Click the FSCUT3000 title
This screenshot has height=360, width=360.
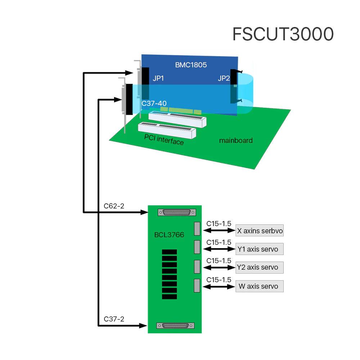coord(283,34)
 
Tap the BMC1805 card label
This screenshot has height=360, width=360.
coord(191,65)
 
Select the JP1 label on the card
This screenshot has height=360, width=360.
coord(158,78)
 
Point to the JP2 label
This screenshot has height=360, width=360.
coord(224,78)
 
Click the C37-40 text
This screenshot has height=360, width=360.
coord(154,103)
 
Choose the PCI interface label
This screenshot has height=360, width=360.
coord(164,139)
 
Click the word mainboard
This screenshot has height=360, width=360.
coord(236,140)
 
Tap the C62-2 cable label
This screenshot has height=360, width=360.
coord(114,206)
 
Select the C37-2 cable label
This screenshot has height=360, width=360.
coord(114,319)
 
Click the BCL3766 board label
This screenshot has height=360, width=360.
coord(168,235)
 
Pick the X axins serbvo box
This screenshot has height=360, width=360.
coord(260,231)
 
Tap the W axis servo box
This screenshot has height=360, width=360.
coord(259,286)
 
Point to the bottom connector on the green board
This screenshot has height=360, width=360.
coord(176,325)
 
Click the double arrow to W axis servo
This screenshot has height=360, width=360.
coord(219,287)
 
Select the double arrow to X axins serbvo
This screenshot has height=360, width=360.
coord(219,231)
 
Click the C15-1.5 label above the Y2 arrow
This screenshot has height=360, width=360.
coord(219,260)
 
